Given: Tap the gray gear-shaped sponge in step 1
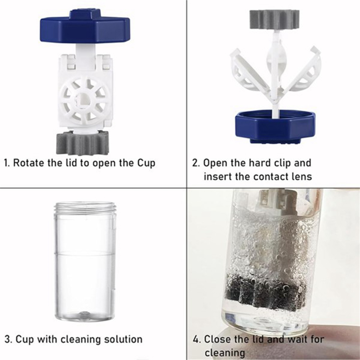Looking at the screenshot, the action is pos(83,143).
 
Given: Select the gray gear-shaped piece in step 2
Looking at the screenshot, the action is pos(275,20).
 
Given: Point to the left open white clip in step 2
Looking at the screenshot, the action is pos(250,71).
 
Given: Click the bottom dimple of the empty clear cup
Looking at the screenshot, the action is pos(84,314).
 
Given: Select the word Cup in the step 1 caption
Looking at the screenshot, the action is pos(146,163).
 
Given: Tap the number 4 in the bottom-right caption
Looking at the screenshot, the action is pos(196,339).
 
